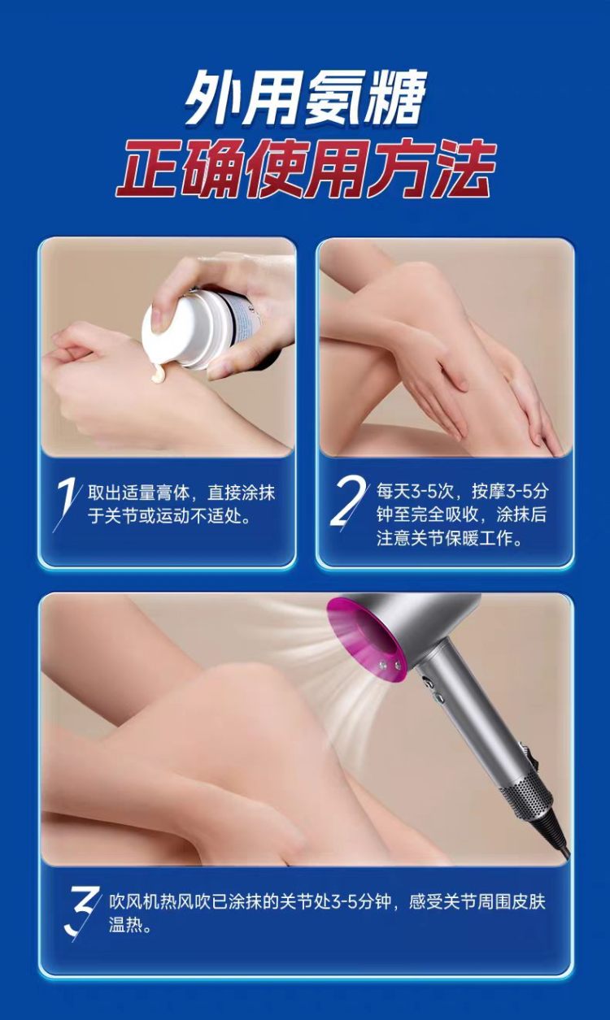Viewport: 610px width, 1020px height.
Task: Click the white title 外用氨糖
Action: coord(305,98)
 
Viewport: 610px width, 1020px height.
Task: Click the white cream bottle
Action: coord(200,327)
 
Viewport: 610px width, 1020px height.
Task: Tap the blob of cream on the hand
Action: coord(158,375)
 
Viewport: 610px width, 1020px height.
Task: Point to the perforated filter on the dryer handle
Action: coord(529,792)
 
